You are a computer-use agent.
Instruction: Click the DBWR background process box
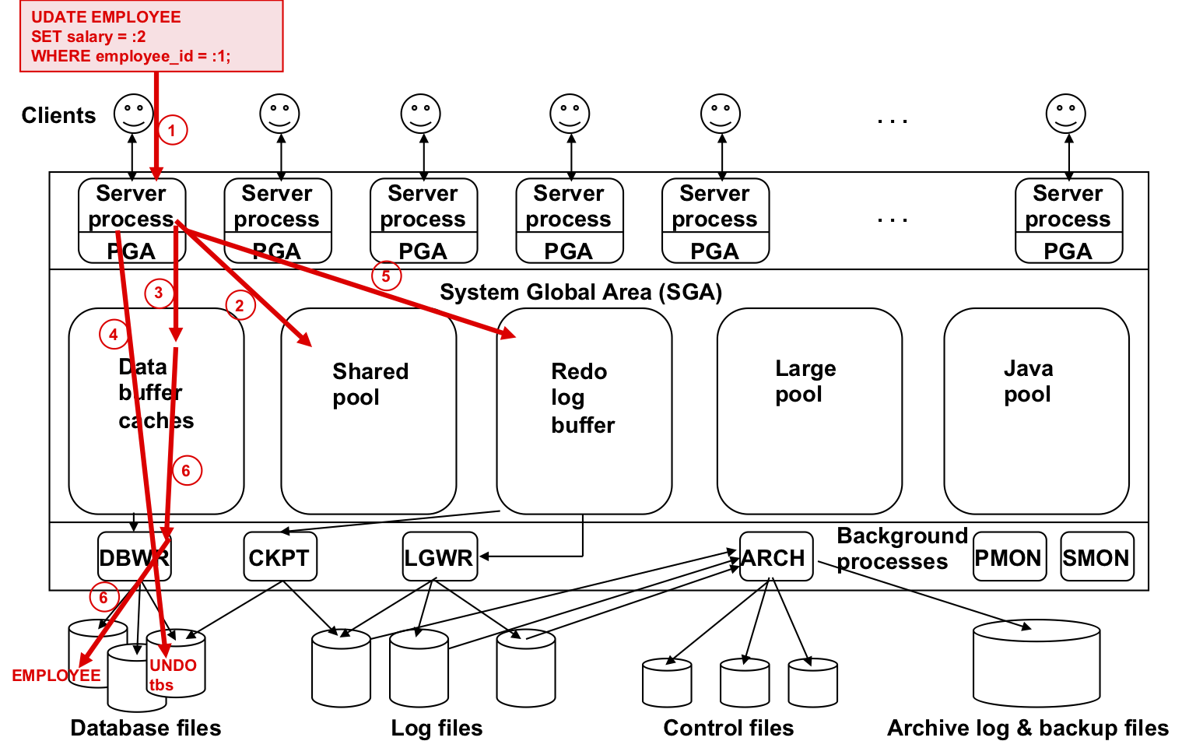135,556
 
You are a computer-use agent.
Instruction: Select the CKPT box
280,556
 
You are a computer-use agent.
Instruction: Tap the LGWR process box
440,556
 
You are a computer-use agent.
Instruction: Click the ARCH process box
777,556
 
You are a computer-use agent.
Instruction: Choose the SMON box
1097,556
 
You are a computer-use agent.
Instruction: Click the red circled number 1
173,130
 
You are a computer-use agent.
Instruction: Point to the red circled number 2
240,305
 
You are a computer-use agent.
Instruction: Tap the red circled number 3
159,293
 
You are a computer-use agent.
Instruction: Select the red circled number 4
114,334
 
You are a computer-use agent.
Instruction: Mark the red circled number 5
386,276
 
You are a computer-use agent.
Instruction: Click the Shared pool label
370,384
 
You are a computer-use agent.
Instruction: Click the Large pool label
805,381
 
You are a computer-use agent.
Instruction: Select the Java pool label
1029,381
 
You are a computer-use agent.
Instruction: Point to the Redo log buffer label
583,398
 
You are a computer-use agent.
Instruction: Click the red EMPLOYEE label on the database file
56,676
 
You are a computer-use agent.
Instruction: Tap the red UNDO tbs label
173,675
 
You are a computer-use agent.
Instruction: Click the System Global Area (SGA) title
581,292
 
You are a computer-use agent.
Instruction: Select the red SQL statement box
152,36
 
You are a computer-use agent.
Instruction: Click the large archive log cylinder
1036,663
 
